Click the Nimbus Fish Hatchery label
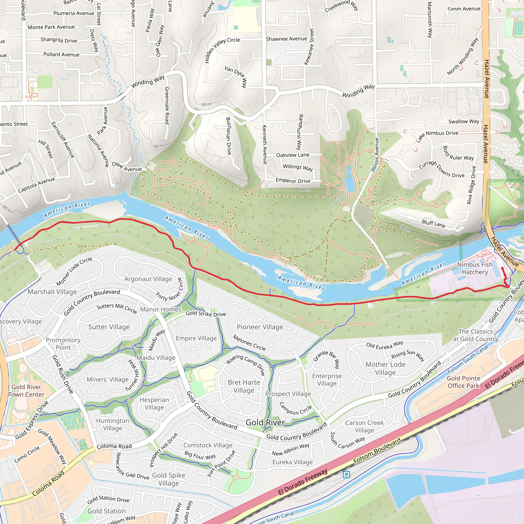475,268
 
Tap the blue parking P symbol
346,475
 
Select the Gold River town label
265,422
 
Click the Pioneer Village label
260,327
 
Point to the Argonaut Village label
148,279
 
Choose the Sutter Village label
109,327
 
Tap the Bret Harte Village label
244,386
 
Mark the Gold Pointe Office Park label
463,382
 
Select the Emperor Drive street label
293,181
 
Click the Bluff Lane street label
433,223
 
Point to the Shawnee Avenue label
286,39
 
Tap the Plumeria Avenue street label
74,13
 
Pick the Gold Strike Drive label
206,314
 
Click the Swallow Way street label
464,121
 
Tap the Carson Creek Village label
365,426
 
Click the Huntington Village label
113,424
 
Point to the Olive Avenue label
127,167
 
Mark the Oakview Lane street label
293,155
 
